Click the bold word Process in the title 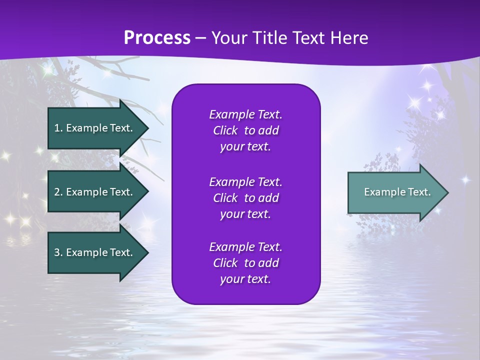point(157,38)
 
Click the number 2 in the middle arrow point(56,192)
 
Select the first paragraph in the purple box point(245,130)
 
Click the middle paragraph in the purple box point(245,197)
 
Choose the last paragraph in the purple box point(245,263)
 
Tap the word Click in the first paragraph point(225,130)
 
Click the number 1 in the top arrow point(56,128)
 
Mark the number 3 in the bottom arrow point(56,252)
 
